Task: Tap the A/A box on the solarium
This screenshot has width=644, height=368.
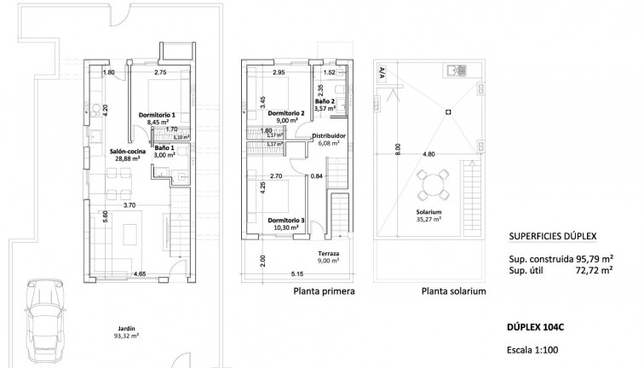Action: tap(380, 74)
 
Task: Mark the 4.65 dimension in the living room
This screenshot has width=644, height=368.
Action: tap(139, 273)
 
